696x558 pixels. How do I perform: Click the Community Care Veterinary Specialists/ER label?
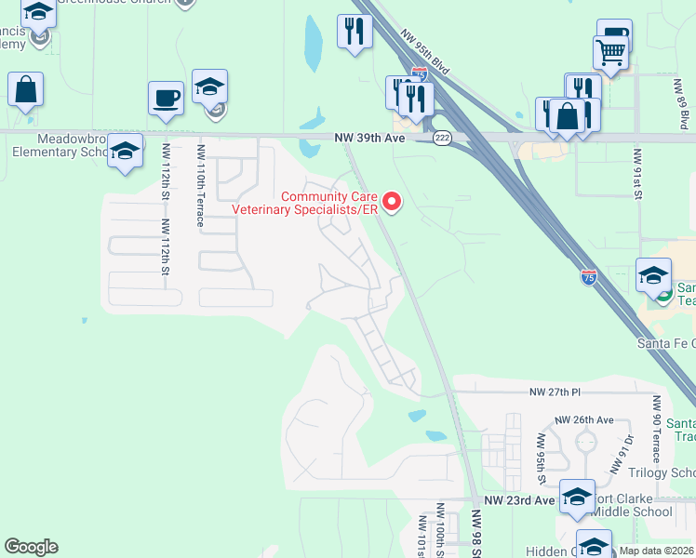tap(330, 203)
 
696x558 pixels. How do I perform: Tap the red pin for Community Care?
tap(392, 201)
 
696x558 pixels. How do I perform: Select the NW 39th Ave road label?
tap(370, 138)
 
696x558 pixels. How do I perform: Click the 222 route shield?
tap(442, 138)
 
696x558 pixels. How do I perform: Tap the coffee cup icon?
tap(166, 99)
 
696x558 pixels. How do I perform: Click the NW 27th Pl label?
tap(555, 392)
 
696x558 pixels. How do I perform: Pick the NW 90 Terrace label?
tap(656, 429)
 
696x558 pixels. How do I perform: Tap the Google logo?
tap(31, 547)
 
